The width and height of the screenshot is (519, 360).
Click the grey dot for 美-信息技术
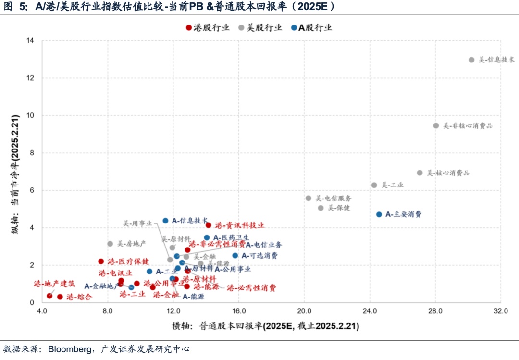pyautogui.click(x=471, y=60)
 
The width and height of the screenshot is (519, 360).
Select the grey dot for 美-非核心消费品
pyautogui.click(x=436, y=125)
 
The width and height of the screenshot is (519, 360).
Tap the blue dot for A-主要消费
pyautogui.click(x=379, y=214)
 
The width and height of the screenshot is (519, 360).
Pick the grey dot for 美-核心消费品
pyautogui.click(x=420, y=173)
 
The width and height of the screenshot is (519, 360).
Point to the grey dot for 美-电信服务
pyautogui.click(x=309, y=198)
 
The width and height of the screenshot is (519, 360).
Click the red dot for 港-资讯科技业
pyautogui.click(x=209, y=225)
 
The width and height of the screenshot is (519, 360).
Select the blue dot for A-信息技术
pyautogui.click(x=165, y=221)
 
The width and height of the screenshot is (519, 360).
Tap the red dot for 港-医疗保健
pyautogui.click(x=101, y=261)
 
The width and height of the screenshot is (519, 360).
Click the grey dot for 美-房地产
pyautogui.click(x=110, y=244)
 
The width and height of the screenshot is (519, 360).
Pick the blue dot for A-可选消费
pyautogui.click(x=235, y=256)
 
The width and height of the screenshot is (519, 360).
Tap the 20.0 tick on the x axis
pyautogui.click(x=304, y=311)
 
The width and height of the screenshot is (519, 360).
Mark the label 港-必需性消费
pyautogui.click(x=251, y=288)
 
